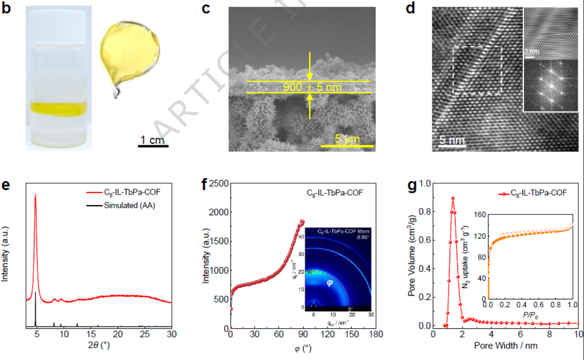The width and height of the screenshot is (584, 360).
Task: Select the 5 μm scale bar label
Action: (x=347, y=139)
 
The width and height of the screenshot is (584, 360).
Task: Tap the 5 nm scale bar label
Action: (x=452, y=140)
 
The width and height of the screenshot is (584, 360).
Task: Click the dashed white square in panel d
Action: (x=477, y=70)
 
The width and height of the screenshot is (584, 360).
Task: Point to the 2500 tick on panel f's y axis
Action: (x=217, y=184)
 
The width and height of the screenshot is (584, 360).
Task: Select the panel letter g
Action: (x=412, y=186)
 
